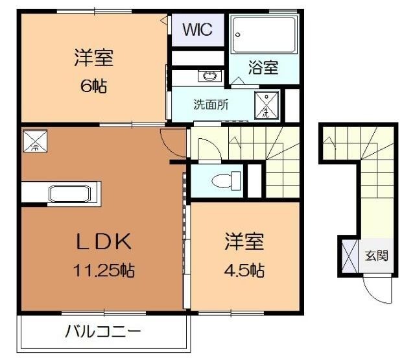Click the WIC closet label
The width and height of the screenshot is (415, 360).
click(x=196, y=29)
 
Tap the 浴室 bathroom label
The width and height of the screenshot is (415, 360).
click(x=263, y=67)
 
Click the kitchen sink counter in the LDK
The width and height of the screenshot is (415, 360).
click(x=60, y=193)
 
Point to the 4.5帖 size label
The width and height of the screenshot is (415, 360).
click(x=244, y=270)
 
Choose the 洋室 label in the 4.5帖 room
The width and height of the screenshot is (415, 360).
click(x=244, y=243)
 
